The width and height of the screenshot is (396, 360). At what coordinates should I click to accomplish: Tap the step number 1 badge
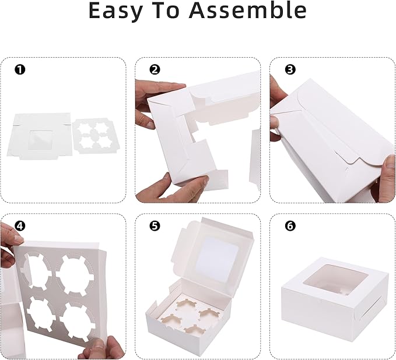[x=20, y=70]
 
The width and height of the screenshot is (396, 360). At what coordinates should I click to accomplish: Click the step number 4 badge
[x=20, y=226]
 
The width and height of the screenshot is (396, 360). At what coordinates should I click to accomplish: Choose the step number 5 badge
[x=155, y=226]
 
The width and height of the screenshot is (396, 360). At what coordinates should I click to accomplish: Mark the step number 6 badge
[x=290, y=226]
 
